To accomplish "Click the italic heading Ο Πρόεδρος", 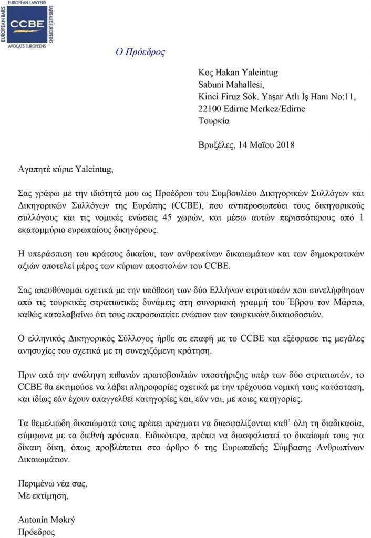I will click(x=140, y=52).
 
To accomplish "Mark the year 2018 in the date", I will click(x=284, y=145).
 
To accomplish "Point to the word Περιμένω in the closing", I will click(x=36, y=483).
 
